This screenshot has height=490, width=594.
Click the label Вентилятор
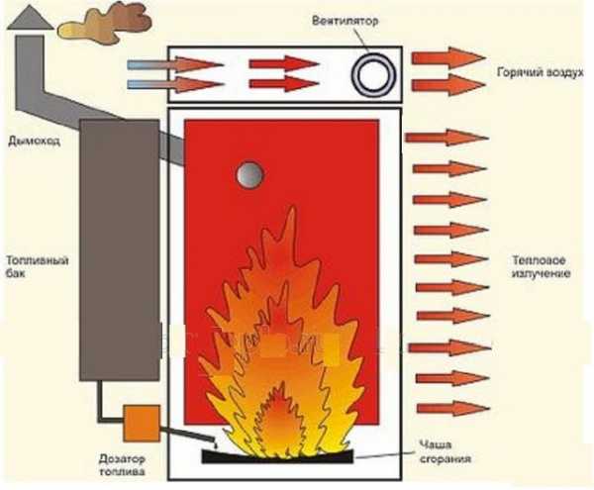[343, 20]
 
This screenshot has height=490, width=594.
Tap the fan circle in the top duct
[376, 74]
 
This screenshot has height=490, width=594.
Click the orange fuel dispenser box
[138, 422]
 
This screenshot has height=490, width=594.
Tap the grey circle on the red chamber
[250, 175]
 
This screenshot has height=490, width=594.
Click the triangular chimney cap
[27, 17]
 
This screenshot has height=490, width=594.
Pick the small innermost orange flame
[279, 426]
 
